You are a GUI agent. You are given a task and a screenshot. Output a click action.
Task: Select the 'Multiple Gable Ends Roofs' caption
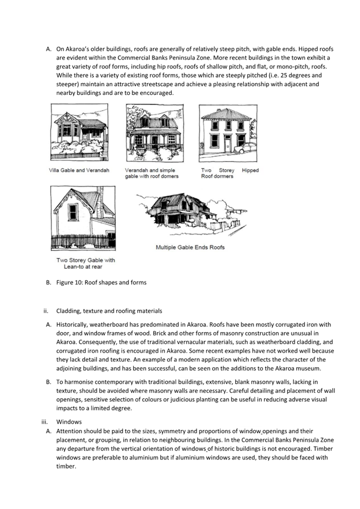(190, 247)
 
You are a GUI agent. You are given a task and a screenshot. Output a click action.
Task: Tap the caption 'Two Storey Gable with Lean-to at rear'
(85, 263)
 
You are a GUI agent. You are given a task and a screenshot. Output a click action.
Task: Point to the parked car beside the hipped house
(246, 148)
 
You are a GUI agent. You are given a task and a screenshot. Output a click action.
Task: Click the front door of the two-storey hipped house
(227, 142)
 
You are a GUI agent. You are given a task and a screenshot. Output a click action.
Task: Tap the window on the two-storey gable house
(73, 212)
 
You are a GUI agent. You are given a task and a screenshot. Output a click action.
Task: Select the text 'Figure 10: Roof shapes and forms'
(101, 282)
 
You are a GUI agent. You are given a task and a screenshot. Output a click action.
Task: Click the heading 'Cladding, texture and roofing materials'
(109, 311)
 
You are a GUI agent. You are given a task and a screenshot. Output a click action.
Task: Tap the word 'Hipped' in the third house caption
(250, 171)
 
